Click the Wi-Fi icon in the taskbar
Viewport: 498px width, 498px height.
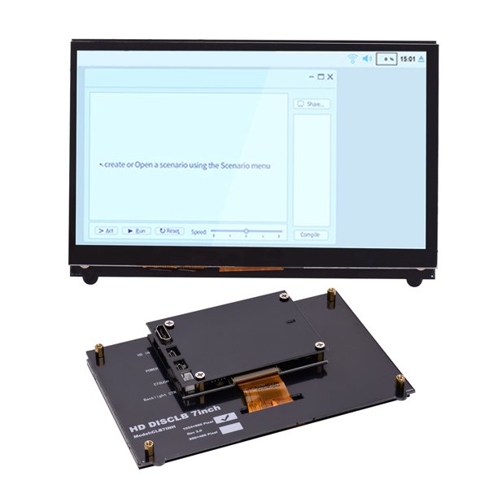(352, 59)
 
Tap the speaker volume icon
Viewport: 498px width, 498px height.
(366, 59)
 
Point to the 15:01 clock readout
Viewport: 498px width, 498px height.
(408, 59)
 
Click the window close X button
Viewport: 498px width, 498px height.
(330, 76)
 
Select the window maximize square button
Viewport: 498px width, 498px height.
(321, 76)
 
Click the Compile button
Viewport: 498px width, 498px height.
(310, 234)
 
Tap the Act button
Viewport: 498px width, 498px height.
(105, 231)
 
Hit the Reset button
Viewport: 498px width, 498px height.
(169, 231)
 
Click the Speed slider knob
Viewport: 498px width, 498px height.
(246, 231)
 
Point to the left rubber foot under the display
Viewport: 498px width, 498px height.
(90, 278)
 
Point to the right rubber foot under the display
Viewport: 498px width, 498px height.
(415, 278)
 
